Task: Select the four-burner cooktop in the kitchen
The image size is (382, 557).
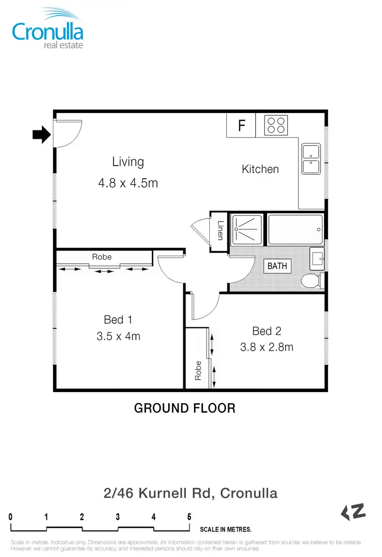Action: pyautogui.click(x=276, y=125)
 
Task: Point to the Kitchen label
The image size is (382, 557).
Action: pyautogui.click(x=260, y=169)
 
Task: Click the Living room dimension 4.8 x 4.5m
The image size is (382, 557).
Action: pyautogui.click(x=128, y=182)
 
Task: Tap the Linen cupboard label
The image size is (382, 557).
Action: pyautogui.click(x=220, y=232)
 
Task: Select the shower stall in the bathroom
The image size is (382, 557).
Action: pyautogui.click(x=248, y=230)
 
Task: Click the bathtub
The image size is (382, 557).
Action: pyautogui.click(x=295, y=230)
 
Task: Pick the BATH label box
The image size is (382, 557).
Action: pyautogui.click(x=277, y=266)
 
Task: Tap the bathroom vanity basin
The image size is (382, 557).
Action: pyautogui.click(x=317, y=258)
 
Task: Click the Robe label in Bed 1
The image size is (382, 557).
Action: pyautogui.click(x=102, y=257)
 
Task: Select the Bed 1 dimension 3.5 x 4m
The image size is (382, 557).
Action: pyautogui.click(x=118, y=336)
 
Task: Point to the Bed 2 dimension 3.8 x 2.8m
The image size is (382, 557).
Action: pyautogui.click(x=266, y=347)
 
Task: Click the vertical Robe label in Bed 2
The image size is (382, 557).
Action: pyautogui.click(x=198, y=370)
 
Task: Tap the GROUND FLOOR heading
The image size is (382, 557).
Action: pyautogui.click(x=184, y=408)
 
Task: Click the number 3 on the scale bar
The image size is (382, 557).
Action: pyautogui.click(x=118, y=517)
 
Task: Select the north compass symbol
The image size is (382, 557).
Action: pyautogui.click(x=353, y=512)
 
